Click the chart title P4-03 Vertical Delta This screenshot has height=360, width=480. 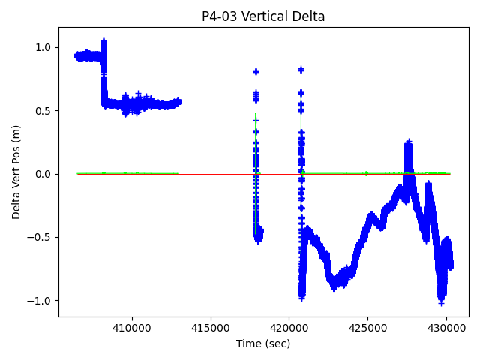point(263,16)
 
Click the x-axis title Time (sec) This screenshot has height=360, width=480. point(263,343)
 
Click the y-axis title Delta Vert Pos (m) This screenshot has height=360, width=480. point(16,172)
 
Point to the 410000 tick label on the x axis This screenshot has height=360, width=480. point(132,327)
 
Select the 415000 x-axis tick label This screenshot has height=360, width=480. point(211,327)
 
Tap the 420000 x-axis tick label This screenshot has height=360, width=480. point(289,327)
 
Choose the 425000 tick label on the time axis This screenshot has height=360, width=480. point(368,327)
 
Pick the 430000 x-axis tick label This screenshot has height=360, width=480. point(447,327)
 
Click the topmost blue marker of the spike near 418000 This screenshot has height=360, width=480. point(256,71)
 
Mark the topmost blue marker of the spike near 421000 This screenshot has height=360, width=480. point(301,70)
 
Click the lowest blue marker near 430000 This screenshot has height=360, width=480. point(442,303)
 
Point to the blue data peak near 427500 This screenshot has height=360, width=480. point(409,142)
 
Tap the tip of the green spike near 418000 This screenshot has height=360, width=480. point(255,114)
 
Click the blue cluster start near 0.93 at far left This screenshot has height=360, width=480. point(77,56)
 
